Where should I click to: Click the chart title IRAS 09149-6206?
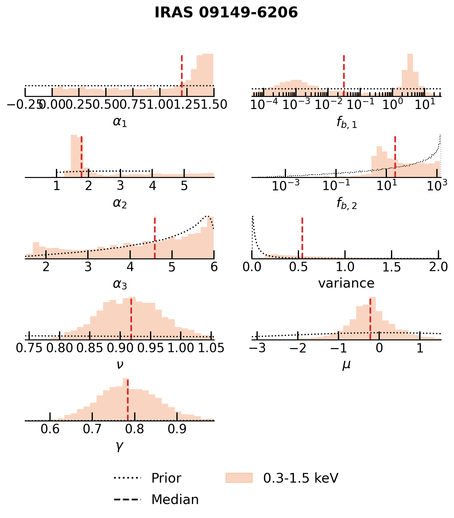(226, 13)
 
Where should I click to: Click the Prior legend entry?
(166, 478)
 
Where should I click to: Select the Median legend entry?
(175, 500)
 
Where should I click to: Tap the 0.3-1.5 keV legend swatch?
(239, 478)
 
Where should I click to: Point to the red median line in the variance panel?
(302, 238)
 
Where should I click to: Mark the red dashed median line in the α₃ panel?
(155, 238)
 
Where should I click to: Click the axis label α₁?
(120, 122)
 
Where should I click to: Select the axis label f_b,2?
(347, 203)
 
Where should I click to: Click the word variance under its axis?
(346, 283)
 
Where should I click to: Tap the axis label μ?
(346, 364)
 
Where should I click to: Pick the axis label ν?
(120, 364)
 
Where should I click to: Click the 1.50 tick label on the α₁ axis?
(214, 105)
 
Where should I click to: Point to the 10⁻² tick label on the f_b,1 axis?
(328, 105)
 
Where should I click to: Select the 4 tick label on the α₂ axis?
(152, 186)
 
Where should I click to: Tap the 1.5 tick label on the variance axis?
(392, 267)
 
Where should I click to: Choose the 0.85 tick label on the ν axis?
(89, 348)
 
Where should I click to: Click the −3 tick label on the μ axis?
(257, 348)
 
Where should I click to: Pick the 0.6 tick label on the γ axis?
(50, 429)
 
